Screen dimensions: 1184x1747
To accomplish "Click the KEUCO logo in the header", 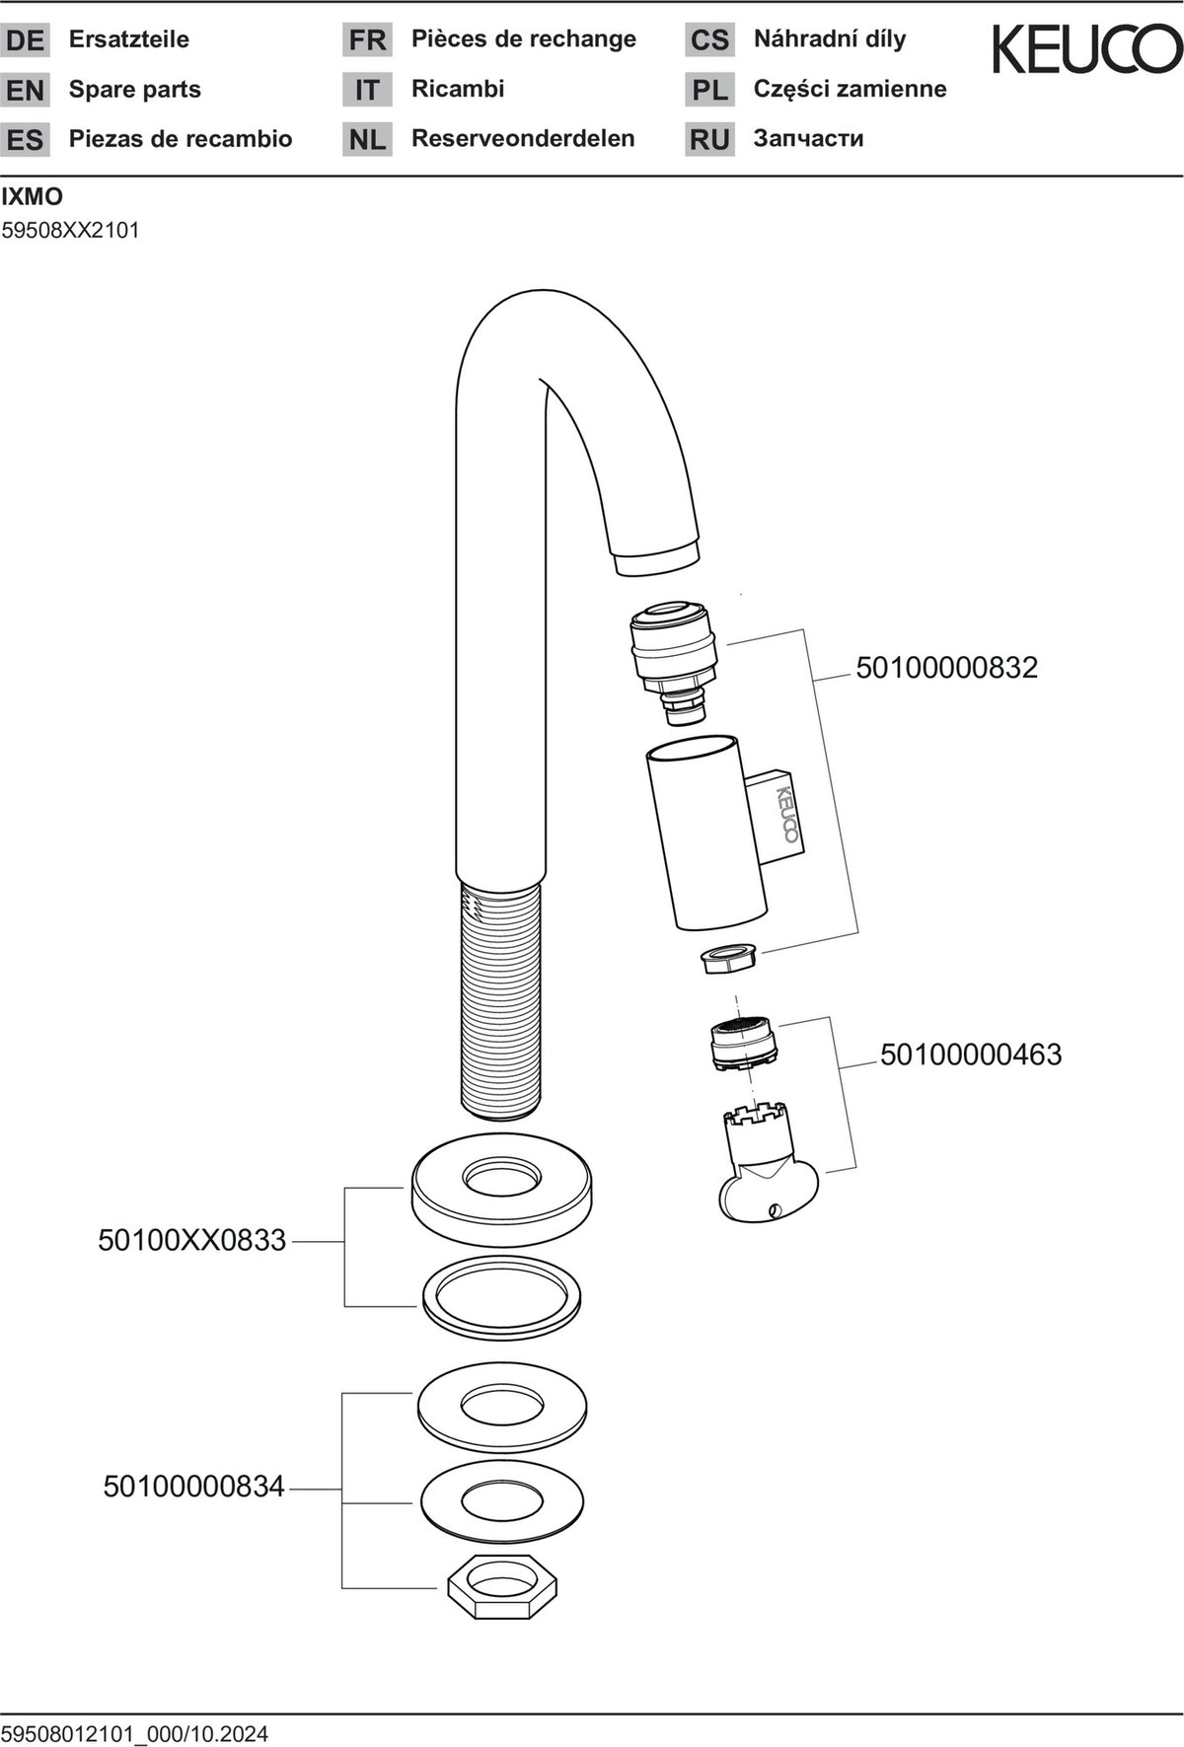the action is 1087,49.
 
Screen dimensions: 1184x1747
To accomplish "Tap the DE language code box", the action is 25,40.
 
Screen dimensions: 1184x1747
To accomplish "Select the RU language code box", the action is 709,139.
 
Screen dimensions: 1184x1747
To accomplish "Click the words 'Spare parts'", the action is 135,90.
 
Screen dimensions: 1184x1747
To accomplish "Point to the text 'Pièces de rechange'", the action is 524,39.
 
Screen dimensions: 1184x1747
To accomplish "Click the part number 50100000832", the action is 947,668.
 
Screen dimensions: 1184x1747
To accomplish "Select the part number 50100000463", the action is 971,1055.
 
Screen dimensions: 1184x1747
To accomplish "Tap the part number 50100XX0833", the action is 192,1240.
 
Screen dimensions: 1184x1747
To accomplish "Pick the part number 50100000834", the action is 194,1487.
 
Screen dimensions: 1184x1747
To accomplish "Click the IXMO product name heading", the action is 33,196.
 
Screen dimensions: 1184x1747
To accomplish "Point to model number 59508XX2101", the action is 71,231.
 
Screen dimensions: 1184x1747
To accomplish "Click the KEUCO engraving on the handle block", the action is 787,813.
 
